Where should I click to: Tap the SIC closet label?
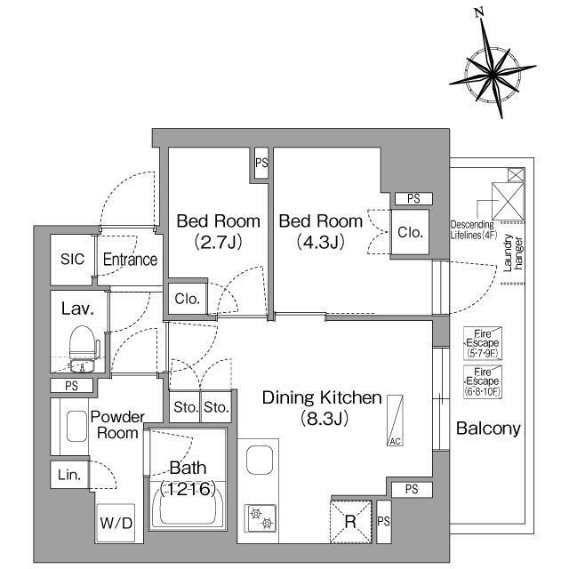pyautogui.click(x=72, y=259)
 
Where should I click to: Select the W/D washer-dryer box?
pyautogui.click(x=116, y=523)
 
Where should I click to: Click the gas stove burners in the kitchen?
pyautogui.click(x=260, y=517)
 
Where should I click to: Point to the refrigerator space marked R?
pyautogui.click(x=350, y=522)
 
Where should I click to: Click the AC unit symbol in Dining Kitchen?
pyautogui.click(x=395, y=421)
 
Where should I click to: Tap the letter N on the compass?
pyautogui.click(x=480, y=12)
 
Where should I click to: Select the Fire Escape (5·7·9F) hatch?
pyautogui.click(x=483, y=343)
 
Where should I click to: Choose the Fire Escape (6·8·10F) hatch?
pyautogui.click(x=483, y=381)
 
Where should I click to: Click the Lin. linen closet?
pyautogui.click(x=69, y=475)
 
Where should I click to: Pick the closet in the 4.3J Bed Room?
pyautogui.click(x=410, y=232)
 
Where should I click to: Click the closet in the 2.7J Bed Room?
pyautogui.click(x=188, y=299)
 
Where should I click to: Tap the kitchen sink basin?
pyautogui.click(x=260, y=460)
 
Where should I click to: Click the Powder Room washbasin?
pyautogui.click(x=77, y=426)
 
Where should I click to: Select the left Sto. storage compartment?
pyautogui.click(x=185, y=407)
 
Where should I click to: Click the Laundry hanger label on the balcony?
pyautogui.click(x=514, y=252)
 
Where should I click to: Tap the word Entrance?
pyautogui.click(x=130, y=259)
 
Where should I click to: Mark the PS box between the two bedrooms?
pyautogui.click(x=261, y=163)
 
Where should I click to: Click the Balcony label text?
pyautogui.click(x=488, y=429)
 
